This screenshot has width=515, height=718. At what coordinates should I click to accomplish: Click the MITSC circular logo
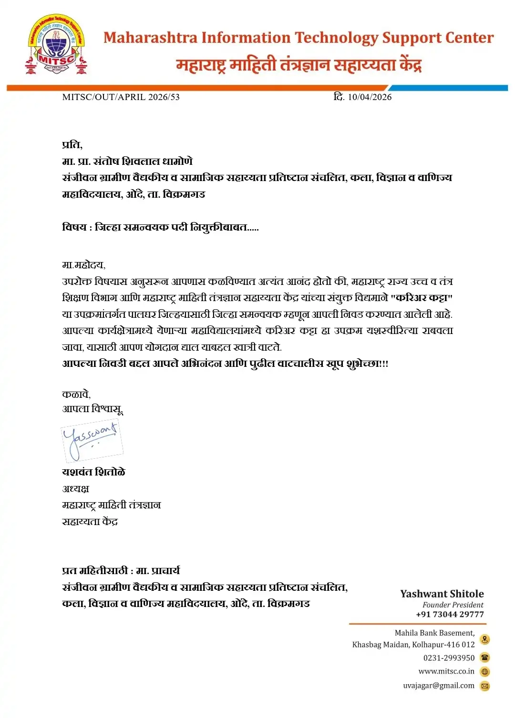[57, 45]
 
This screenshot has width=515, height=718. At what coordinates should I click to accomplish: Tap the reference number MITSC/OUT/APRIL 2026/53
[121, 97]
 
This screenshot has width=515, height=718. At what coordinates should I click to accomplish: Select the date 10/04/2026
[370, 97]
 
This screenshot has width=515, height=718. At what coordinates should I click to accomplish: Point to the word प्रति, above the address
[72, 145]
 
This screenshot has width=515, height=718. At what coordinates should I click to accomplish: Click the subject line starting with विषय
[160, 227]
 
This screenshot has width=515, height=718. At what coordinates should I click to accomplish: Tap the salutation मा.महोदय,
[83, 265]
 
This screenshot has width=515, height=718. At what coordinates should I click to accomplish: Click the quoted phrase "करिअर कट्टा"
[422, 298]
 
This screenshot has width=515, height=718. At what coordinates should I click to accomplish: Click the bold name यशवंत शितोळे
[93, 472]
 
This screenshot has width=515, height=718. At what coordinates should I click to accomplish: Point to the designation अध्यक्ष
[75, 489]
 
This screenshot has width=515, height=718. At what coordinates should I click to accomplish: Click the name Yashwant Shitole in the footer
[442, 594]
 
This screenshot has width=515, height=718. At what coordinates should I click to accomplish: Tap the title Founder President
[453, 605]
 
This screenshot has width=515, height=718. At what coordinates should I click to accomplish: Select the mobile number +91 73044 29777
[449, 615]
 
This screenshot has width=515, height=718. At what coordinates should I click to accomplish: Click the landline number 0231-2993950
[449, 658]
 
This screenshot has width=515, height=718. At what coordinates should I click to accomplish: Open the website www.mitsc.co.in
[446, 672]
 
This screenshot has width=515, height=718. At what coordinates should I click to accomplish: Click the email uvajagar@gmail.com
[439, 686]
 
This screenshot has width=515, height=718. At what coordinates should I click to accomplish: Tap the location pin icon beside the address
[484, 639]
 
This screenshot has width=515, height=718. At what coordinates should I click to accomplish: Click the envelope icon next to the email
[484, 686]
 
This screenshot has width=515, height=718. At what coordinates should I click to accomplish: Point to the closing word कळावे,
[76, 394]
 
